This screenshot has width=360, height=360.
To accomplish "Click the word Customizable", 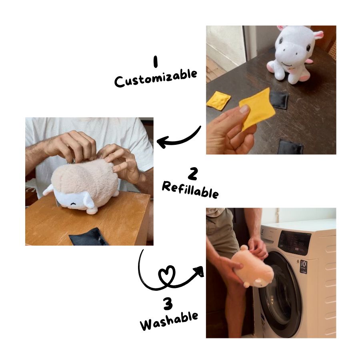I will [x=156, y=78].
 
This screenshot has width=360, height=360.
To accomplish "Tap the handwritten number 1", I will [x=156, y=62].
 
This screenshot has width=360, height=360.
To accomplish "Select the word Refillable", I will [x=190, y=189].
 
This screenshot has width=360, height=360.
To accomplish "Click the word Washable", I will [x=169, y=321].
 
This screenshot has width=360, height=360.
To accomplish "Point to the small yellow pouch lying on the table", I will [x=218, y=100].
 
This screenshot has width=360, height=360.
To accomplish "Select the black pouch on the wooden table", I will [x=88, y=237].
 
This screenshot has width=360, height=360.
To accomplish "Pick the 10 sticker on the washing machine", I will [x=304, y=267].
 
